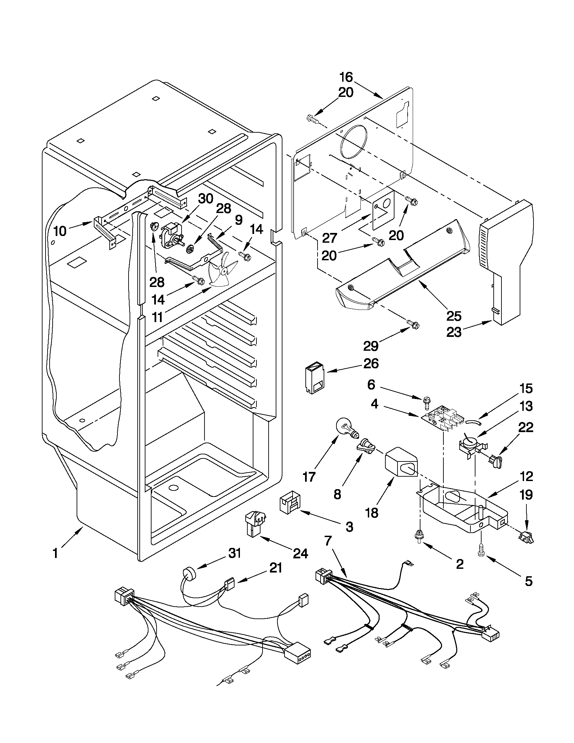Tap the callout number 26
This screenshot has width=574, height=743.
click(371, 364)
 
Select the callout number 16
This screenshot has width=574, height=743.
click(346, 77)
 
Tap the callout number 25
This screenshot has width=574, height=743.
click(454, 316)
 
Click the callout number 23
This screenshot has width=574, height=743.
click(454, 333)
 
